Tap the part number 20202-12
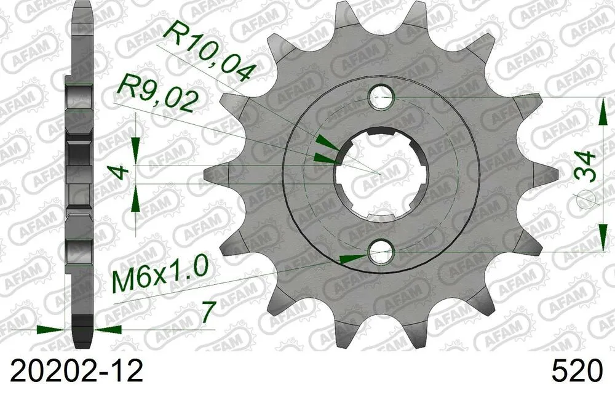(x=73, y=371)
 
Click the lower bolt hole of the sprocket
(x=381, y=252)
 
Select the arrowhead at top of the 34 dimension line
(x=601, y=111)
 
